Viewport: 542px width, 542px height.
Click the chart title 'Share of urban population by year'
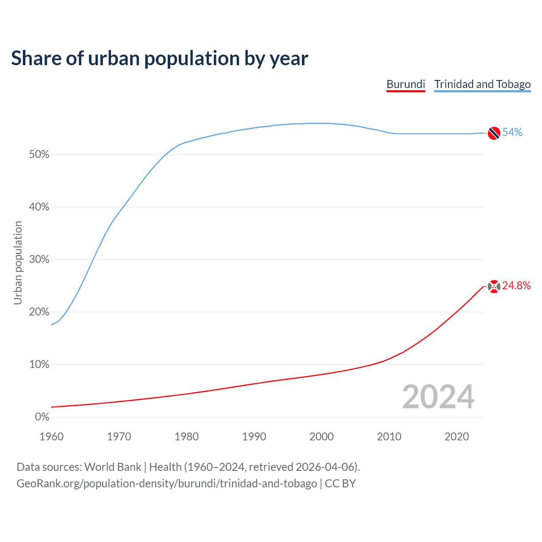point(160,58)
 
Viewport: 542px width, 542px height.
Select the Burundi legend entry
point(406,84)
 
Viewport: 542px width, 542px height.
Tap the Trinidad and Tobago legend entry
point(482,84)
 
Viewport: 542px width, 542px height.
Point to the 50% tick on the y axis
point(39,155)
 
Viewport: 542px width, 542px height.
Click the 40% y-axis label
point(39,207)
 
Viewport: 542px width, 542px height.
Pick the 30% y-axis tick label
point(39,260)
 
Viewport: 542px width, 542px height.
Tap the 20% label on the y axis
point(39,312)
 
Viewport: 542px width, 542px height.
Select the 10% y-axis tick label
point(39,365)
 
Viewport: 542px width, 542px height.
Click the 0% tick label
point(42,417)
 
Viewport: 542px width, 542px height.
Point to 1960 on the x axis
point(52,437)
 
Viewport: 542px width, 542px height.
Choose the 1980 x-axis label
point(187,437)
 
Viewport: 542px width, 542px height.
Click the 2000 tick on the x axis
point(322,437)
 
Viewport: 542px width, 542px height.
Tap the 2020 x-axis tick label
point(456,437)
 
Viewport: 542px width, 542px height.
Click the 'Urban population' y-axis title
point(18,263)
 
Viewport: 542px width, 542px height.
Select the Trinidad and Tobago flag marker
point(494,133)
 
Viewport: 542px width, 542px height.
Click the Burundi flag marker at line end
point(494,286)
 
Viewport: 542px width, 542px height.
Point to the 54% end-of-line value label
point(512,133)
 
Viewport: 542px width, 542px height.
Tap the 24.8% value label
point(517,286)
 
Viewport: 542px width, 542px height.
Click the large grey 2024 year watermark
point(438,397)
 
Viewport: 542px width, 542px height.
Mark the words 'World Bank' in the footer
point(113,467)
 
